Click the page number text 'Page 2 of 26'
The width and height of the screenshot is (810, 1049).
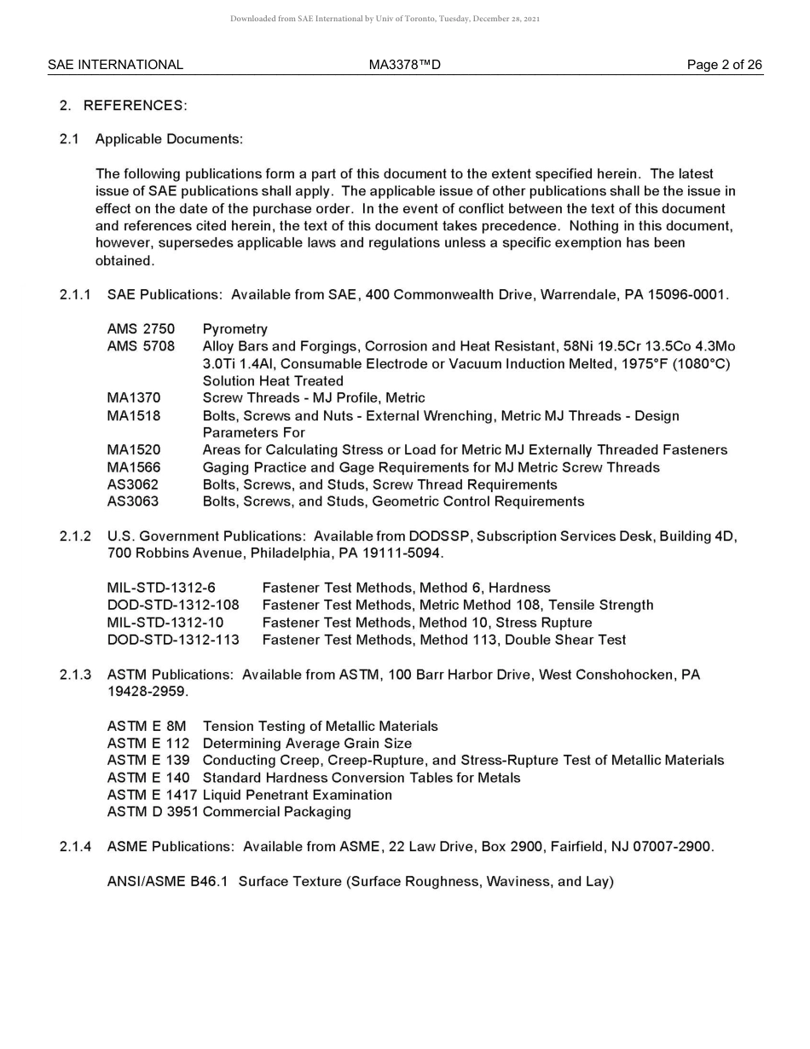(724, 65)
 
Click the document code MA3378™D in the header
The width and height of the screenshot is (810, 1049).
(404, 65)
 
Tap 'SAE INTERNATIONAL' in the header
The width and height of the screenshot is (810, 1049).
(115, 65)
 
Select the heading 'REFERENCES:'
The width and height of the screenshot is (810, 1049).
(135, 105)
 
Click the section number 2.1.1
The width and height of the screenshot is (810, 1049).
(75, 295)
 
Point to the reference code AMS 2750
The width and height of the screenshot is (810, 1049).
(141, 329)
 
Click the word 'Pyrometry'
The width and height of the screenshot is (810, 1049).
(234, 329)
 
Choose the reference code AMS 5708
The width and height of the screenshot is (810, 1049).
(141, 346)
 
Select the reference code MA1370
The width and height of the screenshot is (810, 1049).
(133, 398)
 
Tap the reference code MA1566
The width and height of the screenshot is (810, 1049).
(133, 467)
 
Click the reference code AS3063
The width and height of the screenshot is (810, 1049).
(132, 501)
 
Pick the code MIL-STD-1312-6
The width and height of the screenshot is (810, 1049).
(161, 588)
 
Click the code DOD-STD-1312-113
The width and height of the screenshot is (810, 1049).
(173, 640)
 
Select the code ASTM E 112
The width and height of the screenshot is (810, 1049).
(148, 744)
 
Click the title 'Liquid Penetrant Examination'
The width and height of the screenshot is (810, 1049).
(297, 795)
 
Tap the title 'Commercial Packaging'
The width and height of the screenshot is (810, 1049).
(276, 812)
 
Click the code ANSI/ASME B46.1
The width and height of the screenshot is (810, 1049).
(167, 882)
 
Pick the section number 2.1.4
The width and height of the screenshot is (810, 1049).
(75, 847)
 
